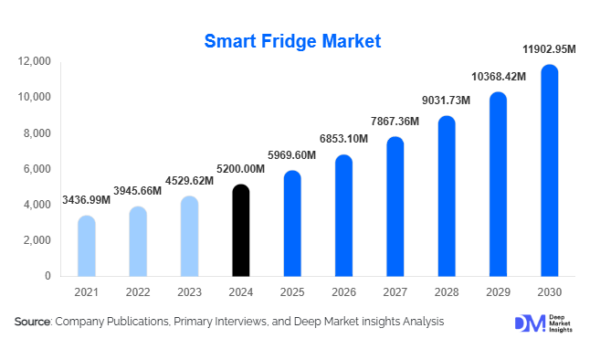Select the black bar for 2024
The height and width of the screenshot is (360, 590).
(240, 231)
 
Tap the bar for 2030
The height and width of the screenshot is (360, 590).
(549, 171)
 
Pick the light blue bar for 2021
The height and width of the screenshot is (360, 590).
(86, 247)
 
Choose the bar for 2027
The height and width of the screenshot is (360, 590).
(395, 207)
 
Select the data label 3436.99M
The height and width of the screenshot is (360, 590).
(86, 199)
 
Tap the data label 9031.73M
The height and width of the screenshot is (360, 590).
(446, 101)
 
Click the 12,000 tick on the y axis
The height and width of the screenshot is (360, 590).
(35, 61)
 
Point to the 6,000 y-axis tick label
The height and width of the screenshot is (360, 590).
(37, 169)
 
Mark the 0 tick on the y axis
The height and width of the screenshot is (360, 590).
(47, 276)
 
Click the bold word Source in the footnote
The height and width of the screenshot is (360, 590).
(32, 322)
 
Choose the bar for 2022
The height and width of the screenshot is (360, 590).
(137, 241)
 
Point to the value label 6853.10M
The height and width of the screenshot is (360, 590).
(343, 138)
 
